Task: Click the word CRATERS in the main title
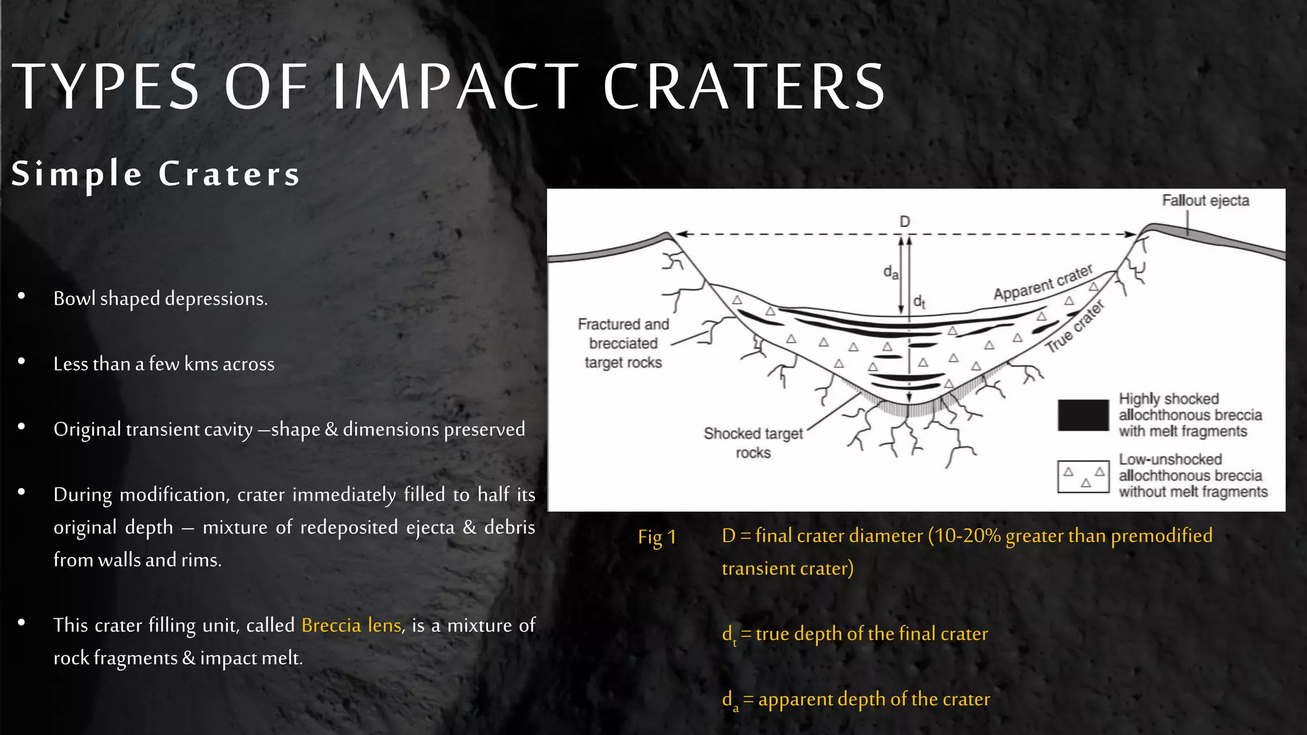point(743,87)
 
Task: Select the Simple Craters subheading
point(156,174)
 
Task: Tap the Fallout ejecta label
point(1205,200)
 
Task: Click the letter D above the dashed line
point(904,221)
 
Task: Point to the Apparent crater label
point(1043,283)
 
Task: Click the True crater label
point(1075,327)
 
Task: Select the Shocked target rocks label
point(753,443)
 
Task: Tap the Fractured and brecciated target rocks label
point(623,343)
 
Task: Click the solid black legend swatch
point(1083,415)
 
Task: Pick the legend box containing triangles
point(1083,477)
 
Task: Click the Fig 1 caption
point(657,537)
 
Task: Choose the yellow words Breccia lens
point(351,625)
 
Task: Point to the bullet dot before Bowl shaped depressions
point(22,295)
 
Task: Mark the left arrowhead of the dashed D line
point(681,234)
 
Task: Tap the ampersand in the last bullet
point(189,658)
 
